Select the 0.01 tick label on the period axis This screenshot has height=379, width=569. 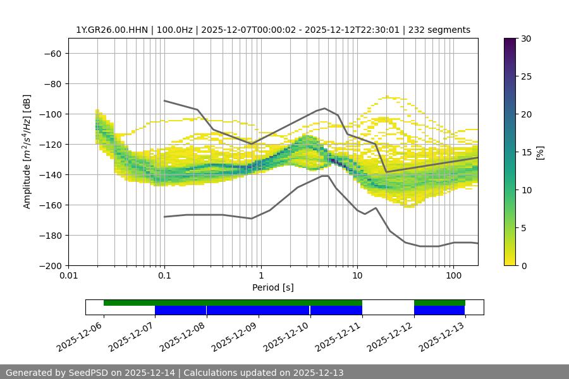click(68, 276)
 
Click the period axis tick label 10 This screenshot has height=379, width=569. click(357, 276)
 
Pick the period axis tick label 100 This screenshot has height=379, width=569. click(453, 276)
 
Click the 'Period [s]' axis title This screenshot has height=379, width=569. click(273, 287)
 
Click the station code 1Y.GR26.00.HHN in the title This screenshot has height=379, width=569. click(110, 30)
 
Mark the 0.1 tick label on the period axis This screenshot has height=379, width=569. click(164, 276)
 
